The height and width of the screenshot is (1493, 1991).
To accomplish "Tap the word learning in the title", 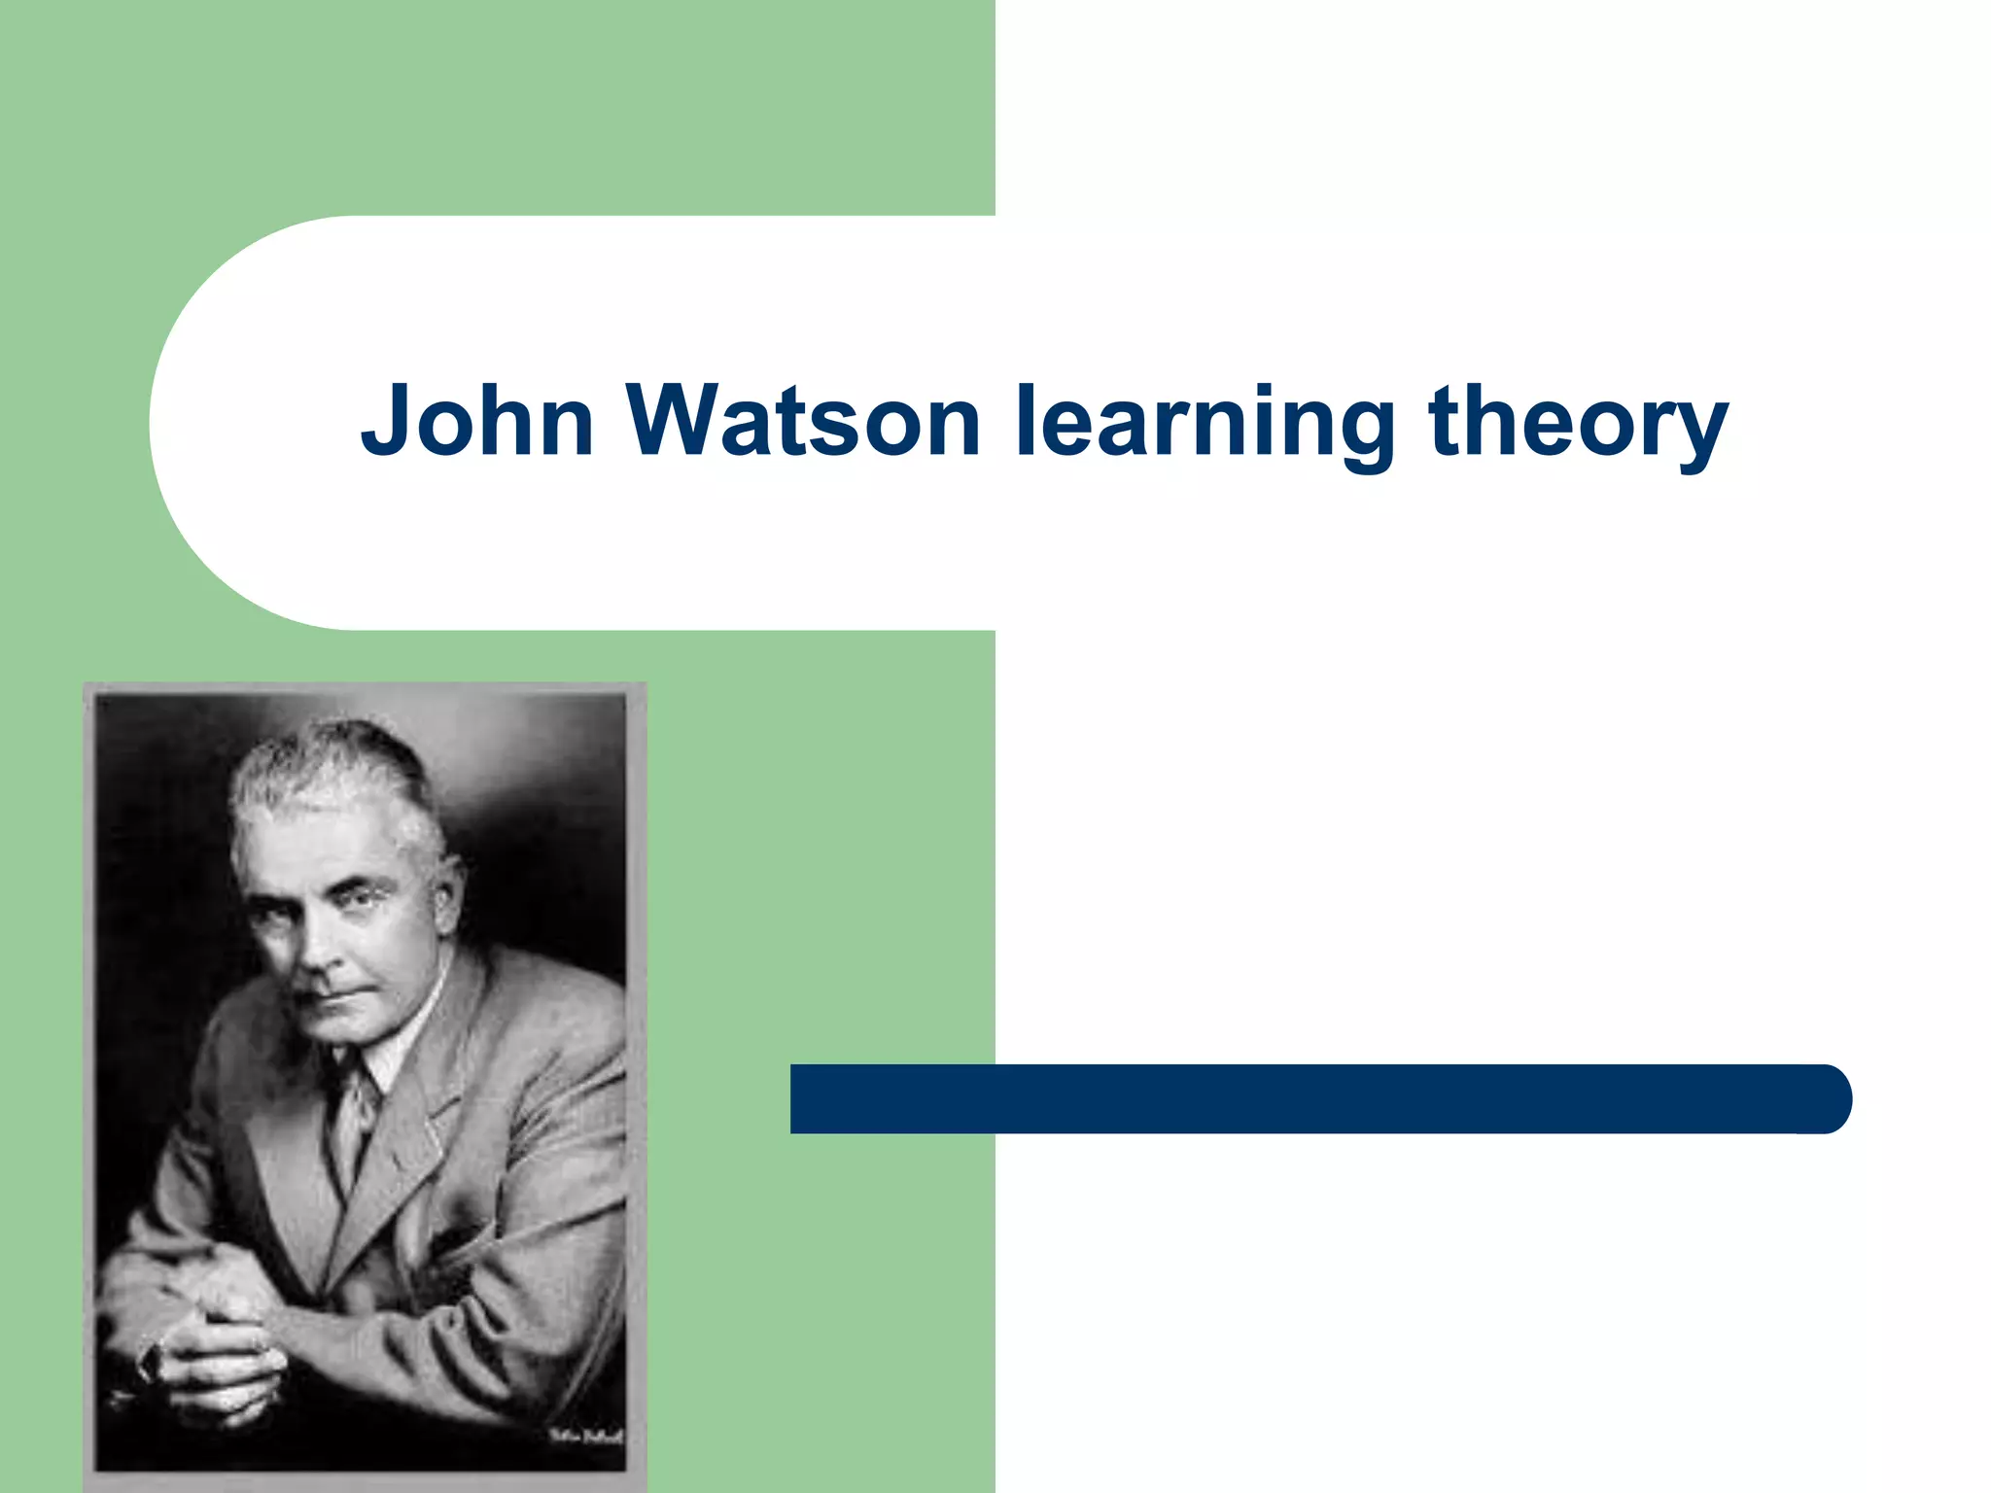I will click(1204, 424).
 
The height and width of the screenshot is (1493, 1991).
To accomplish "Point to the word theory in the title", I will click(1577, 424).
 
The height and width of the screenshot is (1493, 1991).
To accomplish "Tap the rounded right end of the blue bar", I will click(1828, 1098).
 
